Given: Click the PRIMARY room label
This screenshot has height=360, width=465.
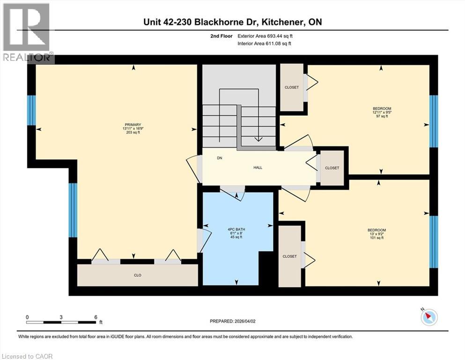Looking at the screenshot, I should tap(133, 124).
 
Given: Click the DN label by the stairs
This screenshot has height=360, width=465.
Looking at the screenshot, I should tap(219, 158).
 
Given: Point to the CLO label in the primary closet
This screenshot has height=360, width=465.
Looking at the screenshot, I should tap(138, 275).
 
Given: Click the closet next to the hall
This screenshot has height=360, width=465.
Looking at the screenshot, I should tap(332, 168).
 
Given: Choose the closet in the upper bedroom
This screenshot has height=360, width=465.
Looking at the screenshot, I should tap(291, 87).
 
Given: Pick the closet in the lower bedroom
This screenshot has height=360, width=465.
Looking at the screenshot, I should tap(289, 256).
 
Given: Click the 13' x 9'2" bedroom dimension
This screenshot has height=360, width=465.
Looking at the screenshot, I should tap(376, 233).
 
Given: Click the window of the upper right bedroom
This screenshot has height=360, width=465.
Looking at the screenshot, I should tap(434, 121).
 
